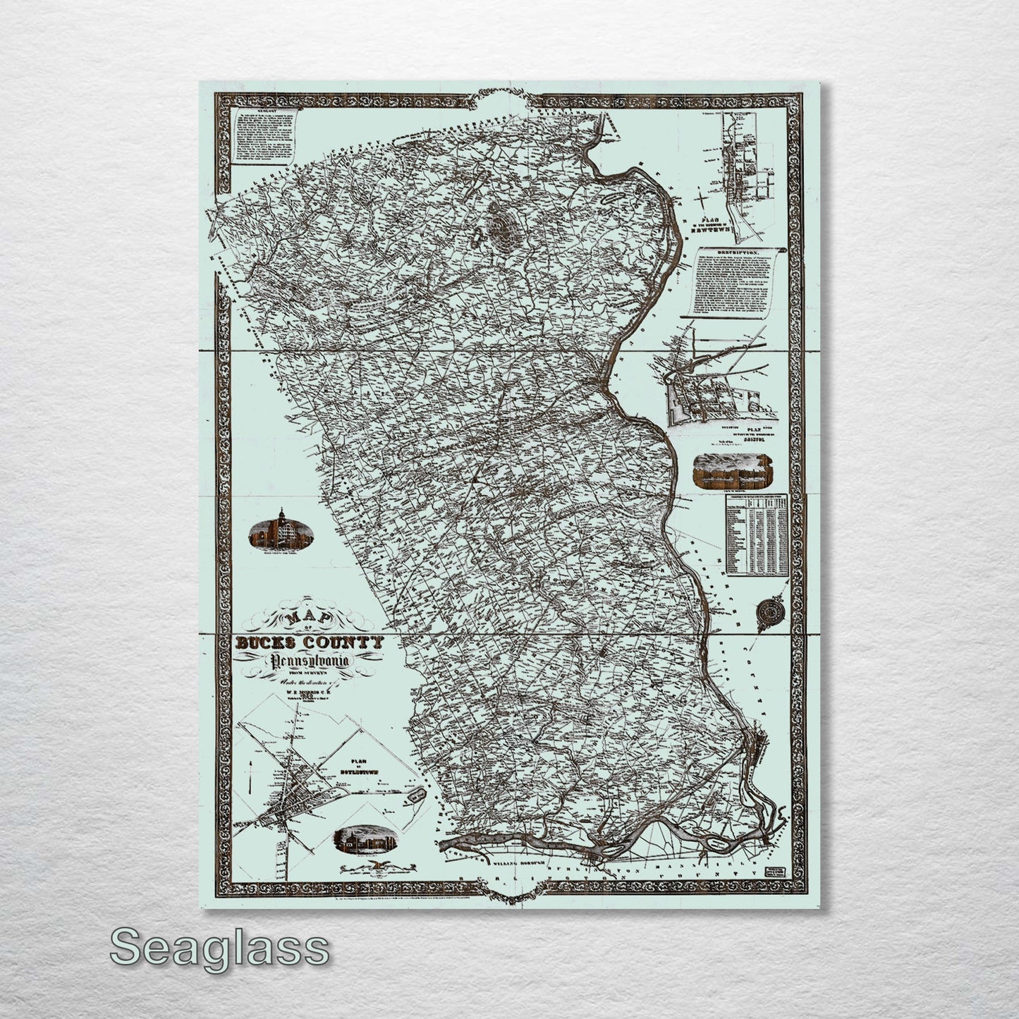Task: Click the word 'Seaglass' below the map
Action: point(219,947)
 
